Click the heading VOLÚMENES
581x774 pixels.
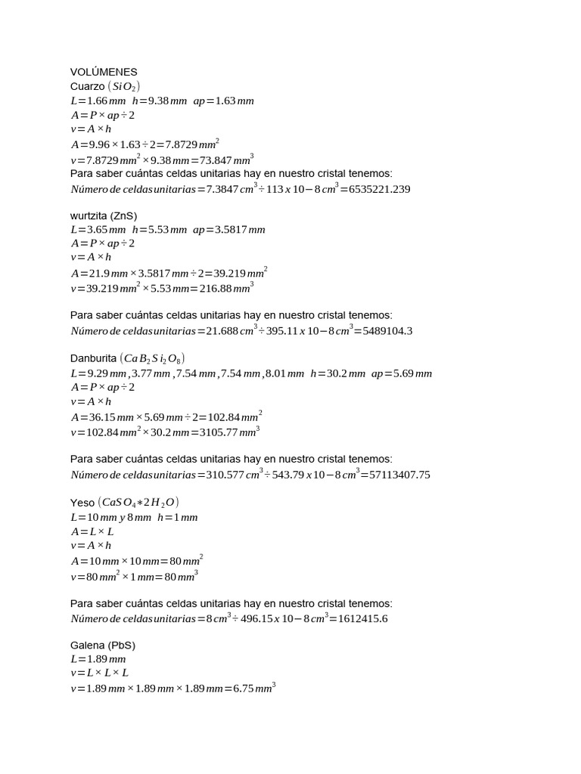(x=104, y=72)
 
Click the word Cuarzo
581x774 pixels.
(x=88, y=86)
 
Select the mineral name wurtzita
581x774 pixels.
(x=89, y=215)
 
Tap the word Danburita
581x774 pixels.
(x=93, y=358)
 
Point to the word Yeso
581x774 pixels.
(x=82, y=503)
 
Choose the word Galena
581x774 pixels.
(x=88, y=646)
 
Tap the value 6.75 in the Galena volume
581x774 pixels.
(x=243, y=689)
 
